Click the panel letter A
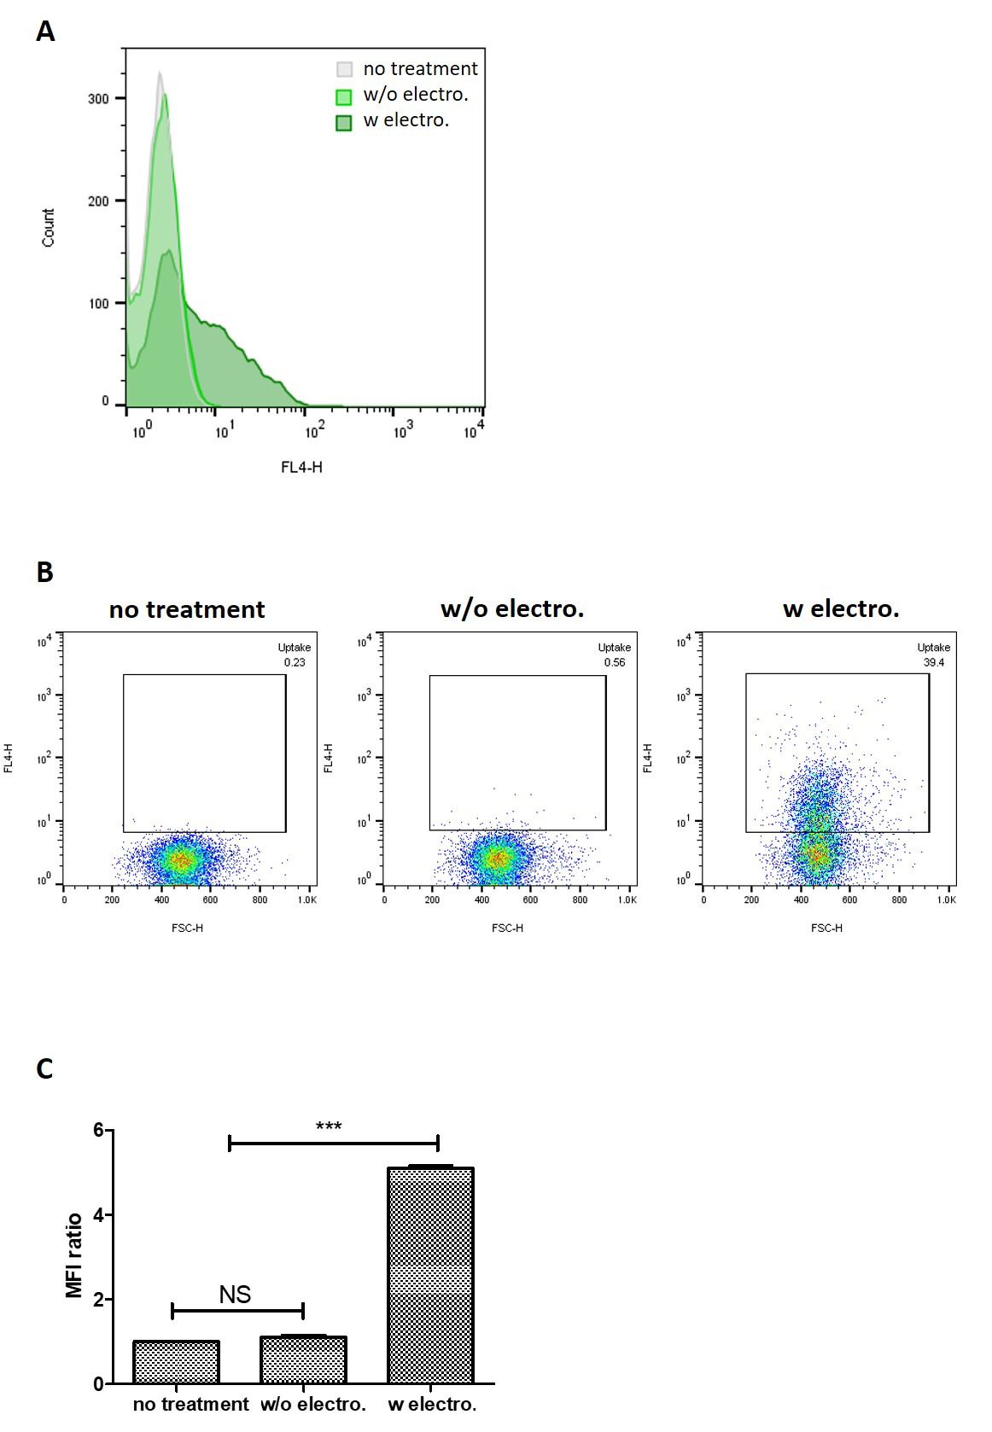46,32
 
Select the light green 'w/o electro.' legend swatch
344,96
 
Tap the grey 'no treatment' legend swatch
344,70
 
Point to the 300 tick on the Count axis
98,99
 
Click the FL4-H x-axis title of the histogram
301,467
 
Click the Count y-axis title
49,228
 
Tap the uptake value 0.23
295,662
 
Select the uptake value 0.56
615,662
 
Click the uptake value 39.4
934,662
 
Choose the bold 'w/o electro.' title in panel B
512,609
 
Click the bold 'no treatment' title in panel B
187,610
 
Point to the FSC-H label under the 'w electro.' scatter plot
826,928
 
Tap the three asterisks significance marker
329,1127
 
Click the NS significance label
235,1295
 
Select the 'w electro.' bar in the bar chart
430,1275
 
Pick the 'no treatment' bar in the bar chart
176,1362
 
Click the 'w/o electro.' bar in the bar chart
303,1359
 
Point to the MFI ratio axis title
75,1255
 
